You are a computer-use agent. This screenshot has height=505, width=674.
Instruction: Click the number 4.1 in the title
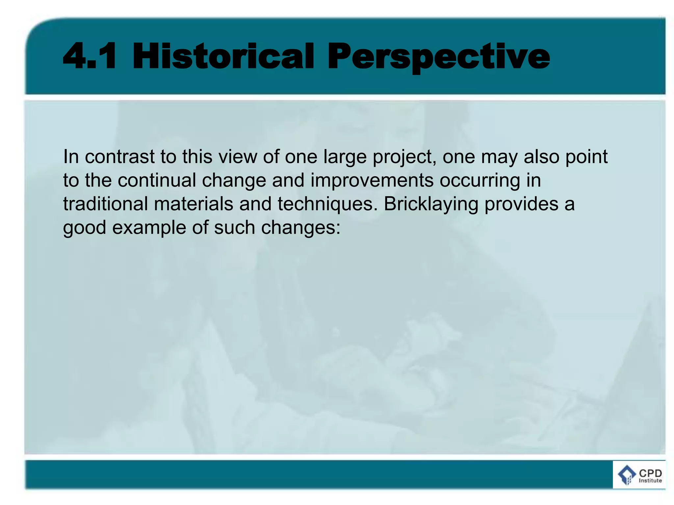[90, 57]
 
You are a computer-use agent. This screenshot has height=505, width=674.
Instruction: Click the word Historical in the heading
[223, 57]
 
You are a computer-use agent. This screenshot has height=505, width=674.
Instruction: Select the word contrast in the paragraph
[119, 157]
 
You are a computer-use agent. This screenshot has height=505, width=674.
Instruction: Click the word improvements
[372, 181]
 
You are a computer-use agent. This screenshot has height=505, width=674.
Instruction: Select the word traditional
[105, 204]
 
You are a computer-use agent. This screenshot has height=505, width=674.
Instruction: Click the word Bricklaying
[431, 205]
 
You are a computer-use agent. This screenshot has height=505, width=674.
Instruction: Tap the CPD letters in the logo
[650, 473]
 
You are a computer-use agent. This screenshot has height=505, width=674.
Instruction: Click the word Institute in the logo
[650, 481]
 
